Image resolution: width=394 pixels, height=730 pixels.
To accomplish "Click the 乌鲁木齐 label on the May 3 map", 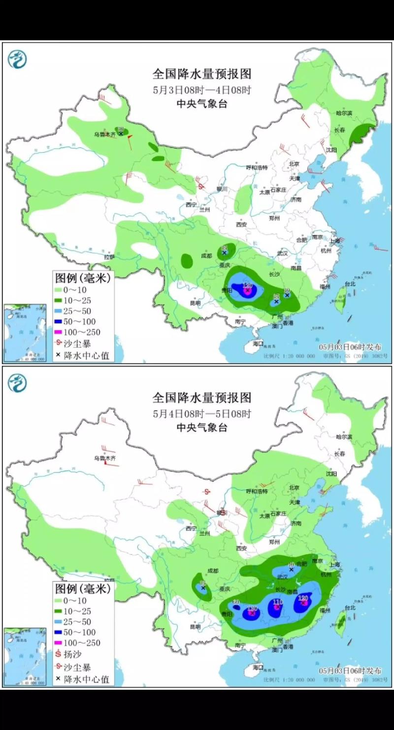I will click(x=105, y=134).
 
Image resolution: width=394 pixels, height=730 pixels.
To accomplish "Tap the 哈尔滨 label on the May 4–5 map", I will click(x=344, y=437).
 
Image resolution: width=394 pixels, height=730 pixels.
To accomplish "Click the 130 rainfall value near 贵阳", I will click(x=252, y=608).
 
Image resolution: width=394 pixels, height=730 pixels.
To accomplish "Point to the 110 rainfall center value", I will click(x=278, y=602).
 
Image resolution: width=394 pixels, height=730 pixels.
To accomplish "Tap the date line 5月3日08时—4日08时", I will click(x=202, y=90).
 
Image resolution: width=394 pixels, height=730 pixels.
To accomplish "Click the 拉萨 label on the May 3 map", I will click(x=109, y=257).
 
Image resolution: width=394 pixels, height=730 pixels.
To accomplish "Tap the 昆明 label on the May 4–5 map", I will click(x=196, y=627).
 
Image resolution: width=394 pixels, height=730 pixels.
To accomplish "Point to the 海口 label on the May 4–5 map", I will click(x=258, y=668).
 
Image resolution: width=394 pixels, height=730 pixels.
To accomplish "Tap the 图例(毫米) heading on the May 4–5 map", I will click(x=82, y=588).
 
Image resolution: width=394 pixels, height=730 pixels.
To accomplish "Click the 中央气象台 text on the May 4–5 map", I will click(x=202, y=427).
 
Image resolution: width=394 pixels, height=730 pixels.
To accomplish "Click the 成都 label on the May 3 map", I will click(x=206, y=256).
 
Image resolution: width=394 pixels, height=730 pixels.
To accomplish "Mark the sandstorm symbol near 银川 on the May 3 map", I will click(x=201, y=186).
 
